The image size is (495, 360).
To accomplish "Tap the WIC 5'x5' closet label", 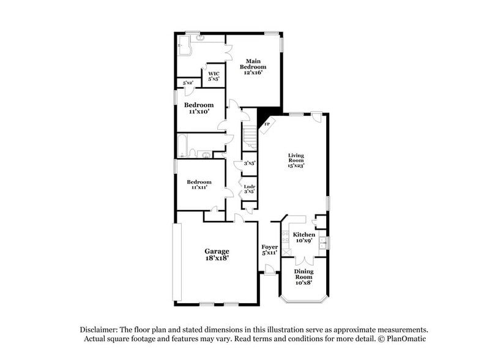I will (214, 77).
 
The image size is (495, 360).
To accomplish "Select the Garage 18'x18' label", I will (217, 255).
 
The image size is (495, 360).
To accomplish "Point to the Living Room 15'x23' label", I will (297, 160).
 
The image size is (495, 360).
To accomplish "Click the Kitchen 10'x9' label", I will (303, 238).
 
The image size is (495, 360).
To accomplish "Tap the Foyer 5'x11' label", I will (270, 249).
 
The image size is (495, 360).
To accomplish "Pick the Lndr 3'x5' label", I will (249, 189).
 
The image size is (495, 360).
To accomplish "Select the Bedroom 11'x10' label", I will (199, 108).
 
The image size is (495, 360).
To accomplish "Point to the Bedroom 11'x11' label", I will (199, 184).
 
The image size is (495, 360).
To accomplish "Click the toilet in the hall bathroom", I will (193, 152).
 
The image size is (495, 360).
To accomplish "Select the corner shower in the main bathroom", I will (184, 44).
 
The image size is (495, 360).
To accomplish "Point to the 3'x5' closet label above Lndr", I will (249, 164).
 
